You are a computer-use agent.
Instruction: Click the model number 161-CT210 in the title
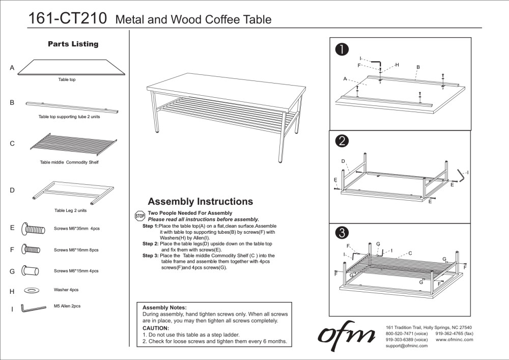[x=67, y=19]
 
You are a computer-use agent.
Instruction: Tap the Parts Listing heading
[x=73, y=44]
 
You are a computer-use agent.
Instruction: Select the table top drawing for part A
[x=72, y=68]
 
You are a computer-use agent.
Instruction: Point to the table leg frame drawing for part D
[x=72, y=191]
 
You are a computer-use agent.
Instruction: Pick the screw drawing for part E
[x=31, y=229]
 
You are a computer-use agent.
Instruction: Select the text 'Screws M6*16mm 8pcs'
[x=76, y=251]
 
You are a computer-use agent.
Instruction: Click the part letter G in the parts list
[x=12, y=271]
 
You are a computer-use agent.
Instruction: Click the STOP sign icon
[x=139, y=216]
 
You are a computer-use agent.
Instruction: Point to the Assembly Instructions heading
[x=200, y=202]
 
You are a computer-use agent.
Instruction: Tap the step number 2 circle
[x=342, y=141]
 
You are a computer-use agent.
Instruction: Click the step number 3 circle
[x=342, y=233]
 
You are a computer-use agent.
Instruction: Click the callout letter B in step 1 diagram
[x=418, y=67]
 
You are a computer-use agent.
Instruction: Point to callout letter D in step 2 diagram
[x=343, y=161]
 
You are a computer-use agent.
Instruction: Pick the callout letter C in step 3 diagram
[x=410, y=253]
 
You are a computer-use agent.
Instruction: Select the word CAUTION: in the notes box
[x=155, y=328]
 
